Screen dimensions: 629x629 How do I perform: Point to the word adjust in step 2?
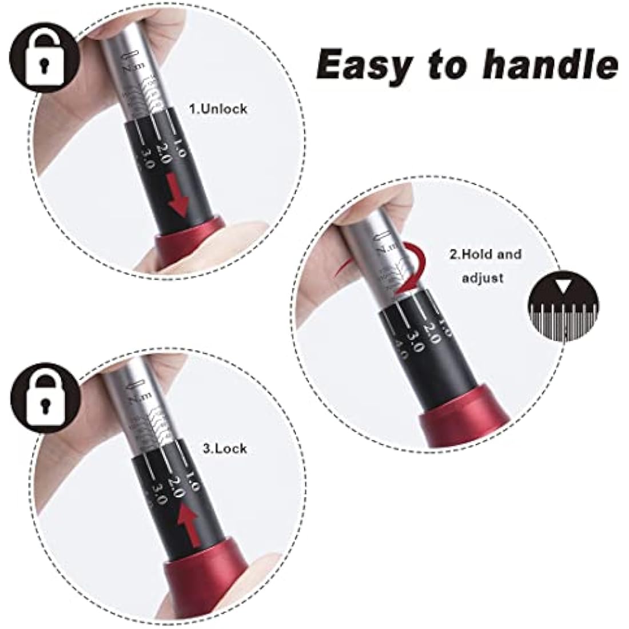coord(484,278)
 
